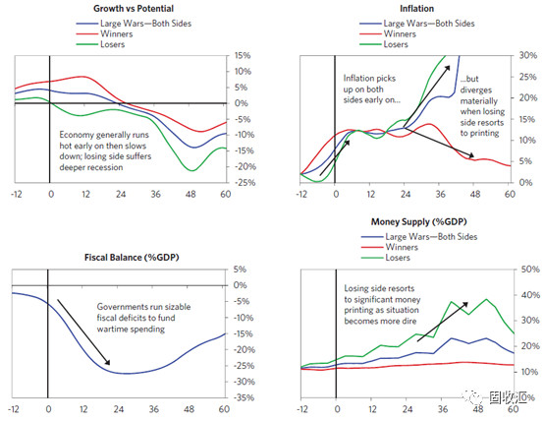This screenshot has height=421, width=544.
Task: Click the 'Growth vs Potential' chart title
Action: [x=134, y=8]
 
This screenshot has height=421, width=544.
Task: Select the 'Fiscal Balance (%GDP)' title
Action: [x=132, y=258]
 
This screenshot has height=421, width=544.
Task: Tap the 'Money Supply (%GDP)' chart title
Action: [x=418, y=221]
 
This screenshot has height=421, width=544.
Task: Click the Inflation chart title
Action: [x=416, y=8]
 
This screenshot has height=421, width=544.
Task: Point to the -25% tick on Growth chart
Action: [x=245, y=183]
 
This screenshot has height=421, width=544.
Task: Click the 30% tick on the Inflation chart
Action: [x=528, y=55]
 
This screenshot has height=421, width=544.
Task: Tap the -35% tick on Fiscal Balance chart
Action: [x=245, y=397]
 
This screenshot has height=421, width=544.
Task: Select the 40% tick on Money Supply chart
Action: [x=530, y=295]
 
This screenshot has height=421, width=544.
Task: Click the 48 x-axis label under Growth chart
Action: [x=190, y=194]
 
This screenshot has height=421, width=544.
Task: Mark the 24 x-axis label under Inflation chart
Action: [x=406, y=194]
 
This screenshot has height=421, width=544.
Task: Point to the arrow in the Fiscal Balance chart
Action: [x=83, y=331]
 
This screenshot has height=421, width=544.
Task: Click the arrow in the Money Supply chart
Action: [x=442, y=322]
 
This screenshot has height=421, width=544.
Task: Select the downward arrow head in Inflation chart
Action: [x=470, y=155]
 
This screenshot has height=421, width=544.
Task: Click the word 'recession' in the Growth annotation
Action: [x=107, y=167]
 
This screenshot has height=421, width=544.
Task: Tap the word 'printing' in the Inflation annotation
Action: [x=484, y=133]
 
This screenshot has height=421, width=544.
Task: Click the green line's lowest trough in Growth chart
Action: [x=192, y=171]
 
